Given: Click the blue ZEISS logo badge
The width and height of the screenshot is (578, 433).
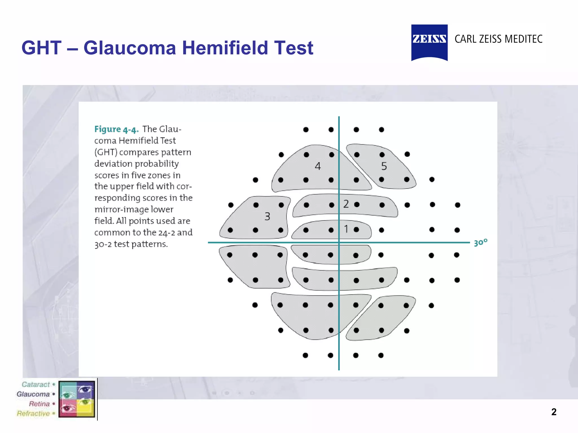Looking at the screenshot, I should (429, 42).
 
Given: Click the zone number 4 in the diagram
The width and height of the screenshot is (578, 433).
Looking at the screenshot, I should (318, 166).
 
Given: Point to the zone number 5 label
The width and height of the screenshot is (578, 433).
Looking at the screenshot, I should (384, 166).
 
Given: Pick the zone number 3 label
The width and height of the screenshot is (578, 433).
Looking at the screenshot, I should (267, 216).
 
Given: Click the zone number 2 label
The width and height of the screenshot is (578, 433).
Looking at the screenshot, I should (346, 204).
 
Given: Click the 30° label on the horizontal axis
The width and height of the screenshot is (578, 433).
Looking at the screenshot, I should (480, 242).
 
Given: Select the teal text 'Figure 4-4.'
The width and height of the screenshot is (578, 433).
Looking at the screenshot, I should (116, 129).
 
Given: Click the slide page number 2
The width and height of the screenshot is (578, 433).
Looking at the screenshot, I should (554, 412).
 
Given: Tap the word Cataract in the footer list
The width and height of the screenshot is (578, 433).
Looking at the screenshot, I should (36, 385).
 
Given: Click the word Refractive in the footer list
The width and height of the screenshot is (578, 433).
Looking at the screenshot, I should (33, 414).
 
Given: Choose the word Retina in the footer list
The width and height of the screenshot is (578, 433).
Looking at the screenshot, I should (39, 404).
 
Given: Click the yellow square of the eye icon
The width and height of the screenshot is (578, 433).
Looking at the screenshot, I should (85, 408).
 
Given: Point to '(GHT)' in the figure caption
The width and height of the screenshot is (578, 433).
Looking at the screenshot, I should (106, 152).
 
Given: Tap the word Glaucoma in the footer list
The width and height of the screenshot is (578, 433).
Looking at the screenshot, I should (33, 394).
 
